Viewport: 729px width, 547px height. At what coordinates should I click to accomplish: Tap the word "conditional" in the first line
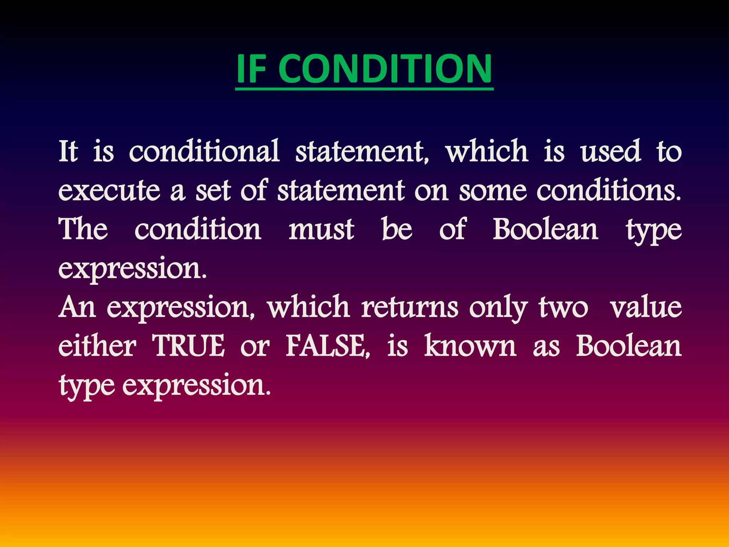click(204, 151)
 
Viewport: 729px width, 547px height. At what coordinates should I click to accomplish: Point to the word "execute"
click(109, 191)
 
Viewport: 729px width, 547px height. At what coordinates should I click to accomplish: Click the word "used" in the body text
click(611, 151)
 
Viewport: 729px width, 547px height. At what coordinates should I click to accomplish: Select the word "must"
click(321, 230)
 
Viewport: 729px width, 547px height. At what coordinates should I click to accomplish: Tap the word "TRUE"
click(189, 346)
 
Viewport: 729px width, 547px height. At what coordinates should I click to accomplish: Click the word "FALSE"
click(327, 346)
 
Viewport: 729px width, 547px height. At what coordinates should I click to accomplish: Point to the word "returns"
click(410, 307)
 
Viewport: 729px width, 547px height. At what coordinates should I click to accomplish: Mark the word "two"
click(563, 307)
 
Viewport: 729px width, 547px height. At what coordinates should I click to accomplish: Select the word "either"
click(97, 346)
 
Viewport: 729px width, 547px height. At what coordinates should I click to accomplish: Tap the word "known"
click(470, 346)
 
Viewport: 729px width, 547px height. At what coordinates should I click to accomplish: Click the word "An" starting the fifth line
click(77, 307)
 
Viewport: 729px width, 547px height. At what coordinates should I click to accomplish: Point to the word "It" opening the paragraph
click(68, 151)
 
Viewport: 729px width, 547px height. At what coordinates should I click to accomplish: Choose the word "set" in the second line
click(213, 191)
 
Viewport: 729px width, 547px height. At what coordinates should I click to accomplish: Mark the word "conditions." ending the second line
click(609, 191)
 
